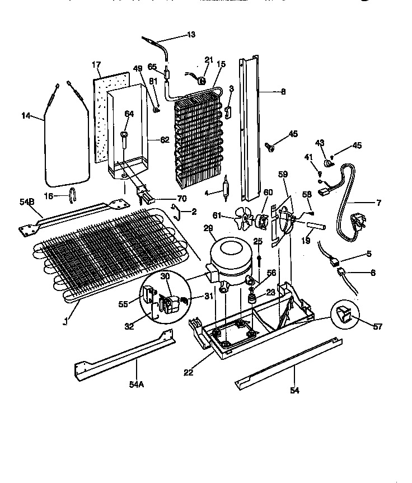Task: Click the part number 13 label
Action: point(191,35)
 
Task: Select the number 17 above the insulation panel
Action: point(96,65)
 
